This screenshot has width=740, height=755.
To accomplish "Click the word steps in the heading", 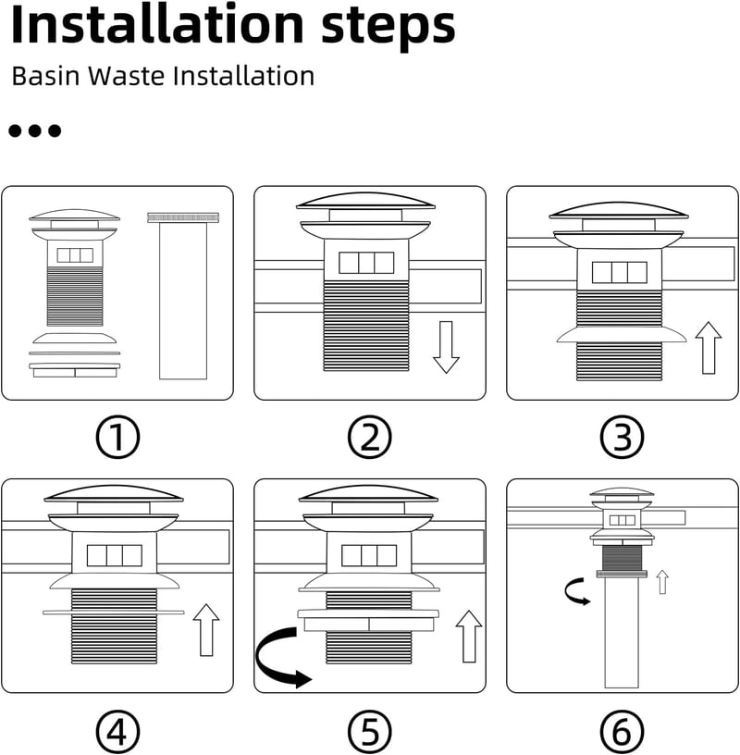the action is (x=388, y=29).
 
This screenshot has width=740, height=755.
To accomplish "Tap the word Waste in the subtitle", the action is (x=126, y=76).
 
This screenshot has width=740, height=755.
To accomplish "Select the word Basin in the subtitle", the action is (x=45, y=76).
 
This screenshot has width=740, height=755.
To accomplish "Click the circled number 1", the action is (x=117, y=438).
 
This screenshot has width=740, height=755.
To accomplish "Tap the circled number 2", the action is (x=369, y=438).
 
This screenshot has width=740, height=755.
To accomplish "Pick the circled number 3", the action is (x=622, y=438).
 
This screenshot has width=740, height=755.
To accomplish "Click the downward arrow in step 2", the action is (x=446, y=347).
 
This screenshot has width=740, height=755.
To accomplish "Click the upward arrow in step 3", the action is (x=709, y=348).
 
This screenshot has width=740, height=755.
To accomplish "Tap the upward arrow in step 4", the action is (x=206, y=630).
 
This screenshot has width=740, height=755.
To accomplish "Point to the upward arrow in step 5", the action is (x=468, y=637).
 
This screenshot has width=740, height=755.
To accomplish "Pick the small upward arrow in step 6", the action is (x=662, y=582).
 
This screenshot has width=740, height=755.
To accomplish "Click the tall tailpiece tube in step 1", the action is (x=183, y=296).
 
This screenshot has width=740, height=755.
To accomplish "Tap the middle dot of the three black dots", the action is (x=34, y=130).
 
